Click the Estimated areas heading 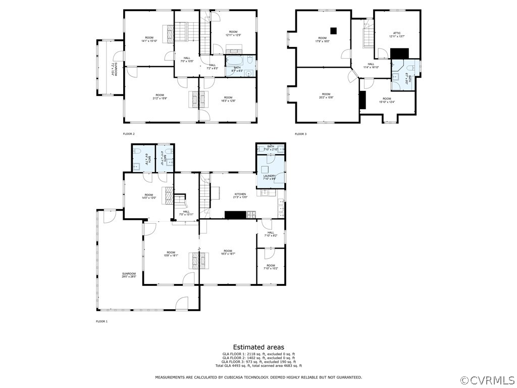click(258, 347)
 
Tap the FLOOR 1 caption click(102, 321)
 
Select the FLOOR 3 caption click(300, 134)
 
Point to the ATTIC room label click(397, 35)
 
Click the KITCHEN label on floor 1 click(240, 196)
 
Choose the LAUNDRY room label click(269, 177)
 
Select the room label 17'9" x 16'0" click(322, 39)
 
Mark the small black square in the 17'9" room click(333, 30)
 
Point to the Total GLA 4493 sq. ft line click(258, 365)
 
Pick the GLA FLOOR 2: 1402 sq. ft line click(258, 358)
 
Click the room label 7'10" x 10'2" click(271, 267)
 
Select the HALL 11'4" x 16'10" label click(371, 65)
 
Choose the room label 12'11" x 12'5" click(233, 33)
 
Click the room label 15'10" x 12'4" click(387, 100)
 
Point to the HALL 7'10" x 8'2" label click(271, 234)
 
